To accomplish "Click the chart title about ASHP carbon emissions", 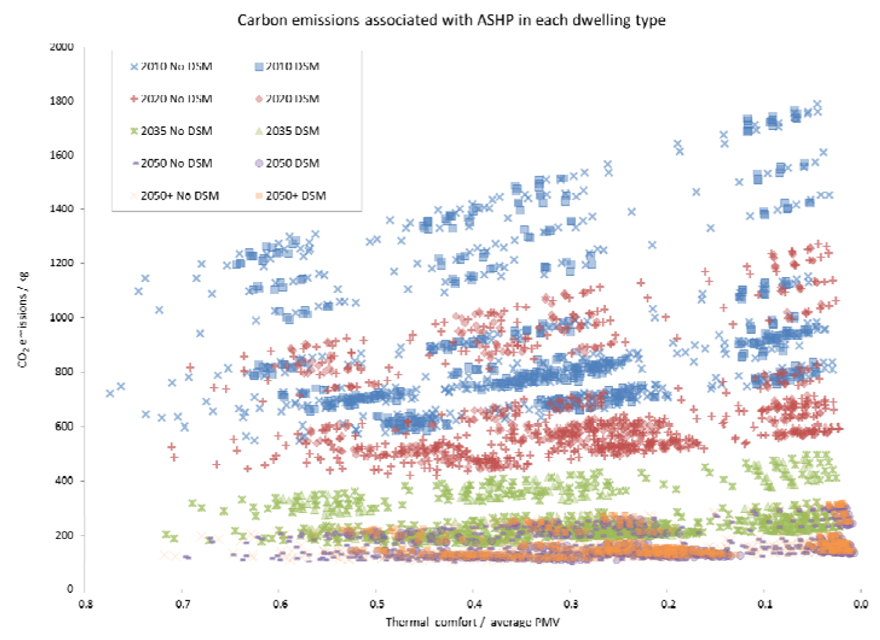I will click(x=451, y=20).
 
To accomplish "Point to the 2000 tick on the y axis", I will click(x=61, y=47).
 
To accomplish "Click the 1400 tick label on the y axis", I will click(x=61, y=209).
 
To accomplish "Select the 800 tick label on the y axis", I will click(x=64, y=371).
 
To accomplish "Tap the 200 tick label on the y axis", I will click(x=64, y=535).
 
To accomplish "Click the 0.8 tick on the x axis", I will click(x=85, y=604).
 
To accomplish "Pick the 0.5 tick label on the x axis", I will click(x=376, y=604).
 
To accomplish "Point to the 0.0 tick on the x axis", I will click(x=861, y=604).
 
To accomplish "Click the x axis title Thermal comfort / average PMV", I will click(x=472, y=622).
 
